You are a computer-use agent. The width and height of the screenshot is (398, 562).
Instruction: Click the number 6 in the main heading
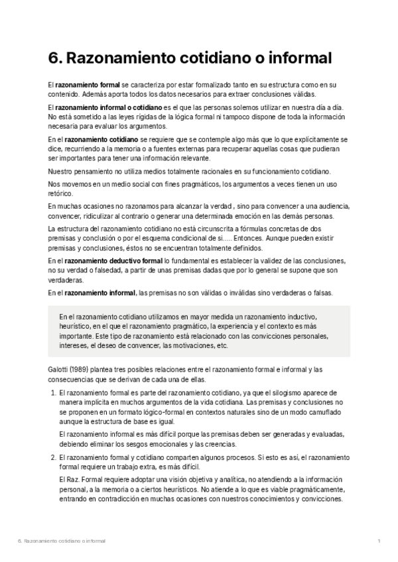click(x=54, y=58)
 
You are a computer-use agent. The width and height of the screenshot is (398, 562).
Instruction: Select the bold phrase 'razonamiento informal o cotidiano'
click(x=109, y=107)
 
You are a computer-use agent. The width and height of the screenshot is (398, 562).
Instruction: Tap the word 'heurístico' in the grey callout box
click(x=76, y=327)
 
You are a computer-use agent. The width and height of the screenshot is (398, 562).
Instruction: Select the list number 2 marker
click(x=53, y=457)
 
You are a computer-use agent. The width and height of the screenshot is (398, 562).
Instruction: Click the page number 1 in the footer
click(x=378, y=541)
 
